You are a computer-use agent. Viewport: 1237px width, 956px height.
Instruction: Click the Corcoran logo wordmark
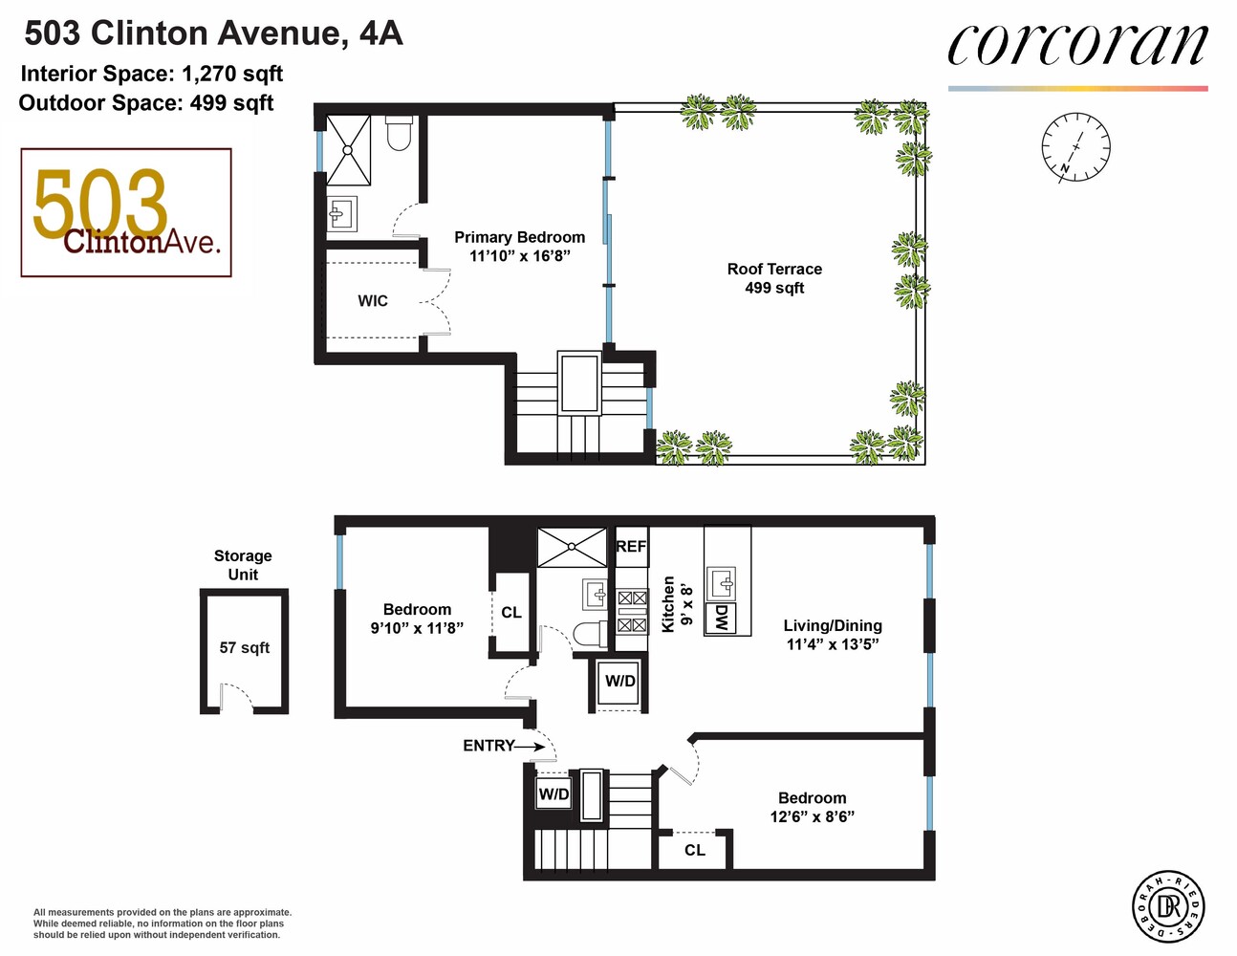(x=1077, y=46)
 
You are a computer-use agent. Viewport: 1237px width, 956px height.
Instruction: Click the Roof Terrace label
(x=774, y=278)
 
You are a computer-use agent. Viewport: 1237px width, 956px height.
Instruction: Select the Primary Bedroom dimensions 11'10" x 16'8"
(x=519, y=256)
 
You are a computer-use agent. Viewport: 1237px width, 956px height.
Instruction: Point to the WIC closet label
(x=373, y=301)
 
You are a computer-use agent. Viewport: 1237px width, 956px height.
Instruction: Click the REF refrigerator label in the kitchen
(x=631, y=547)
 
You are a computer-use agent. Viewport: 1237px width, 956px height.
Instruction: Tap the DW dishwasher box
(x=721, y=618)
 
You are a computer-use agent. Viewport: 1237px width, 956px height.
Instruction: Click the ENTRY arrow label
(x=489, y=746)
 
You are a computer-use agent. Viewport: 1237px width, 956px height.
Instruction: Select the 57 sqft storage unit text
(x=244, y=648)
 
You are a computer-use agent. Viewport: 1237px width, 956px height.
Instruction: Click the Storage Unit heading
(x=243, y=565)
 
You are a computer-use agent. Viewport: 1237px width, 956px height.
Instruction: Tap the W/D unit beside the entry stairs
(x=553, y=793)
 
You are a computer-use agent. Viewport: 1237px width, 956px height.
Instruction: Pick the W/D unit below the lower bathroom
(x=619, y=682)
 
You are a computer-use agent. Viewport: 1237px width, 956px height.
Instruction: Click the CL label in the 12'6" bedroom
(x=695, y=850)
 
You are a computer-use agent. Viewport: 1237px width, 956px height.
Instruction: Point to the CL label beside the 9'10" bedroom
(x=511, y=613)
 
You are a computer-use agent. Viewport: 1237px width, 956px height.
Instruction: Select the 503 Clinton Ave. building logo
(x=126, y=212)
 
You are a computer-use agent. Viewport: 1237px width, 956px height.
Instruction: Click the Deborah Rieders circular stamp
(x=1168, y=904)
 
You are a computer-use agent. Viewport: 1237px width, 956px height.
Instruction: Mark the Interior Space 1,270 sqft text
(x=152, y=75)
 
